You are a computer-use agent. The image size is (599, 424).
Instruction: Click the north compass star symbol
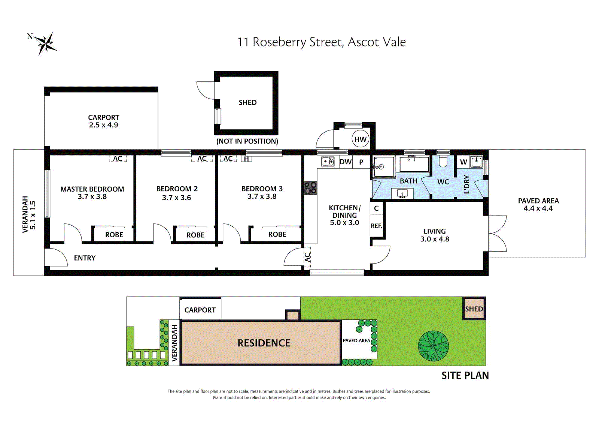click(46, 43)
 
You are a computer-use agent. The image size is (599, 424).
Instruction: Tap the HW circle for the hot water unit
click(360, 139)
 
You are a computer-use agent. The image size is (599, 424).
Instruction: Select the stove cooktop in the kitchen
click(310, 188)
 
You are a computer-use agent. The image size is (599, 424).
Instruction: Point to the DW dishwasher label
click(346, 162)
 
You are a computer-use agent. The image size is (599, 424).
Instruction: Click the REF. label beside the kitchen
click(376, 226)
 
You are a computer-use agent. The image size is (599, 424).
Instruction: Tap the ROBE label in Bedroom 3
click(277, 234)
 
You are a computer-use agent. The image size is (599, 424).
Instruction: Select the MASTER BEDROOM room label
click(92, 189)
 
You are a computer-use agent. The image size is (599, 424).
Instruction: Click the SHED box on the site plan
click(474, 309)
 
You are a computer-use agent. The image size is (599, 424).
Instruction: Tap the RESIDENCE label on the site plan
click(264, 343)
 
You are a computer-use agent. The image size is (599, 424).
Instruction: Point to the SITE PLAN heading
click(465, 376)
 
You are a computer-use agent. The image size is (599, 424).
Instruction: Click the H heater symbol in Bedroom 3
click(246, 159)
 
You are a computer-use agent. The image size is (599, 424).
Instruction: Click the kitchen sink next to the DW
click(328, 162)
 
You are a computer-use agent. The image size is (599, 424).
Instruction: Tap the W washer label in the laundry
click(463, 162)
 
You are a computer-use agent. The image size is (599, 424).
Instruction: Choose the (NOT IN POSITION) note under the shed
click(247, 141)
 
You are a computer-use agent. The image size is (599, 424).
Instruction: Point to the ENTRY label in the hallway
click(85, 258)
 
